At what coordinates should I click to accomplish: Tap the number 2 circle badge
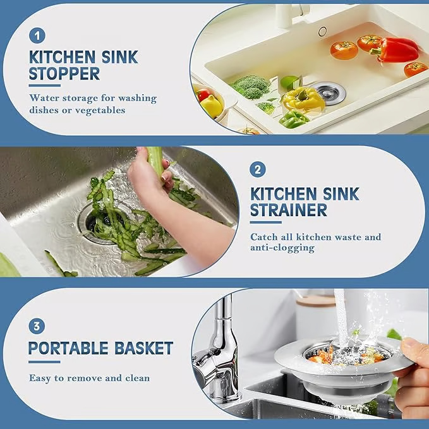[x=257, y=169]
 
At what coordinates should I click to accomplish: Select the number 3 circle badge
[x=37, y=326]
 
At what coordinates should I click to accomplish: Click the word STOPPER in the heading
[x=64, y=74]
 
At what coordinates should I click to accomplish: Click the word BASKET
[x=143, y=347]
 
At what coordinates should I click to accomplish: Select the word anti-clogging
[x=282, y=248]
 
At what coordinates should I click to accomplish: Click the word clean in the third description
[x=136, y=378]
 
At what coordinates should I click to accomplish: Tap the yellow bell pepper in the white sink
[x=303, y=99]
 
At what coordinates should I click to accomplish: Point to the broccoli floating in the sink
[x=251, y=87]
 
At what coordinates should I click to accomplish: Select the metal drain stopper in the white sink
[x=329, y=92]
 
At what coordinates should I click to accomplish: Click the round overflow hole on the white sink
[x=322, y=31]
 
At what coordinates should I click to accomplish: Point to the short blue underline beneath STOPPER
[x=44, y=85]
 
